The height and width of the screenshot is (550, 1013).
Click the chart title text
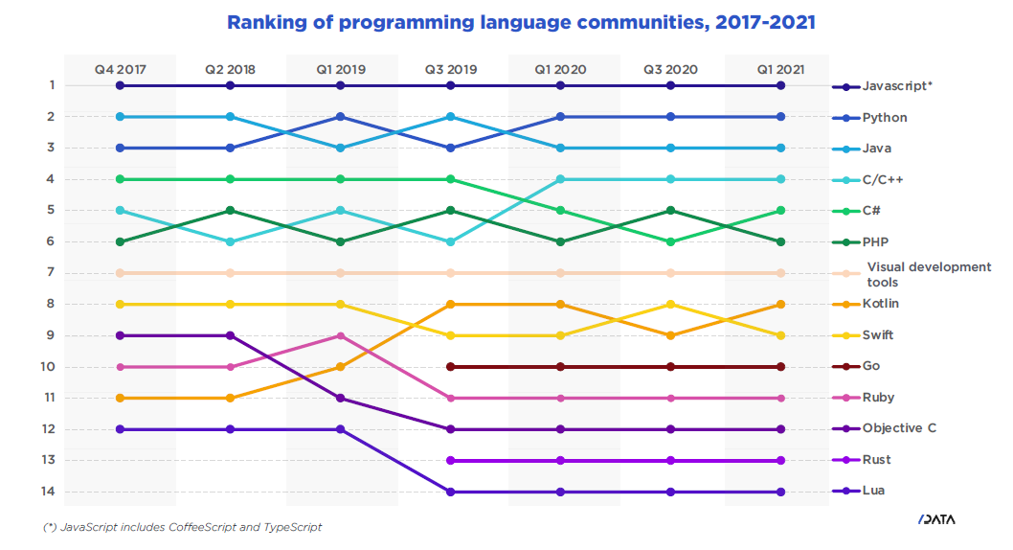(x=521, y=22)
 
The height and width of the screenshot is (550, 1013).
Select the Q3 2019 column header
(x=450, y=69)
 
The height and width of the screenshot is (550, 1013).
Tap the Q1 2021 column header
(x=780, y=69)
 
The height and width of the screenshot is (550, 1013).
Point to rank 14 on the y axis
(x=48, y=492)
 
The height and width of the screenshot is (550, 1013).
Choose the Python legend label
(x=884, y=117)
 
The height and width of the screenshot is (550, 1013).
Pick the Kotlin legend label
(x=880, y=304)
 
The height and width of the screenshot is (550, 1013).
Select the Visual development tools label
(x=928, y=274)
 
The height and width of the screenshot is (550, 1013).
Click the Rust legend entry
(x=876, y=460)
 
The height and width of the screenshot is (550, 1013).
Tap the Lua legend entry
(x=872, y=492)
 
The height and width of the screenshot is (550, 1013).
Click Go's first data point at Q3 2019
(x=450, y=367)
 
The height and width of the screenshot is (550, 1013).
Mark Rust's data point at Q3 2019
(x=450, y=460)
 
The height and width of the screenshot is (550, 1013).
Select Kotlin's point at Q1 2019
(x=340, y=367)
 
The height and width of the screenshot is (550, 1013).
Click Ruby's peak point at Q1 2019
(x=340, y=335)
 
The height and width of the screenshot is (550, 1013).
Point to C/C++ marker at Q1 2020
(x=560, y=179)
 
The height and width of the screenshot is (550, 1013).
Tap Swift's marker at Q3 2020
(x=670, y=304)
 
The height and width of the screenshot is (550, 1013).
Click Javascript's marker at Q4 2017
(x=120, y=85)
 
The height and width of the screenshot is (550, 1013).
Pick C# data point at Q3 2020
(x=670, y=241)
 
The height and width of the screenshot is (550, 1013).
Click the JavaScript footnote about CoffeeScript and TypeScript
(x=183, y=527)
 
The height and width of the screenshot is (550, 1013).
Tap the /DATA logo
(x=935, y=519)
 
